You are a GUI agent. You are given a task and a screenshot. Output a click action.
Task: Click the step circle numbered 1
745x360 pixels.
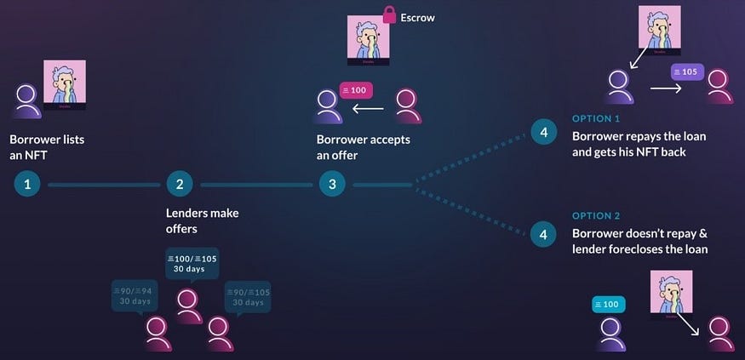(x=27, y=184)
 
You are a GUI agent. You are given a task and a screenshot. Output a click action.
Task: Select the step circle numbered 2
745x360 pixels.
(x=179, y=184)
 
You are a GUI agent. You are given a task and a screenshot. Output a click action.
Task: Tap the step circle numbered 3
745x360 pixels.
(x=332, y=184)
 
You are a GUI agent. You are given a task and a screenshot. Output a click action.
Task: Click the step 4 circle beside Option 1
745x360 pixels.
(x=543, y=132)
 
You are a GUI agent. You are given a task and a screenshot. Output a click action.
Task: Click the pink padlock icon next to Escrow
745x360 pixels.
(x=389, y=14)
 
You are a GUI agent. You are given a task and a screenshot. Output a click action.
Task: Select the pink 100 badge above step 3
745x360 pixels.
(x=357, y=89)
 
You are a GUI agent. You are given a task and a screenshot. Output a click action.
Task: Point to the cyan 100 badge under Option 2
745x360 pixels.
(x=609, y=304)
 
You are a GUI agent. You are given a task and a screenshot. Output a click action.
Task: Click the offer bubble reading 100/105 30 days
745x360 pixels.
(x=192, y=263)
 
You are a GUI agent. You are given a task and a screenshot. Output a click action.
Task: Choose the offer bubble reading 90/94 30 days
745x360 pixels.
(x=136, y=296)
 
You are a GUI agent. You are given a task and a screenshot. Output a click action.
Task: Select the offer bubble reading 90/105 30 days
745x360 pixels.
(x=247, y=296)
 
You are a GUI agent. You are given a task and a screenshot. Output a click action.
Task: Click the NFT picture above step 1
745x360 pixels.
(x=65, y=85)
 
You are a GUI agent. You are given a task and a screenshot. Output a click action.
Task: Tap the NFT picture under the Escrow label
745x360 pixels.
(x=368, y=40)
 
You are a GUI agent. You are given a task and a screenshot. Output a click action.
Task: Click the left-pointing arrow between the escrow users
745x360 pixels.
(x=369, y=109)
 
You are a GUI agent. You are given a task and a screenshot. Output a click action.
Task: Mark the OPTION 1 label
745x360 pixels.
(x=597, y=118)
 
